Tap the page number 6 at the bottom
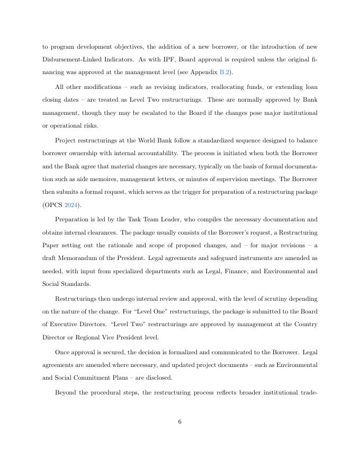(x=180, y=422)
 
